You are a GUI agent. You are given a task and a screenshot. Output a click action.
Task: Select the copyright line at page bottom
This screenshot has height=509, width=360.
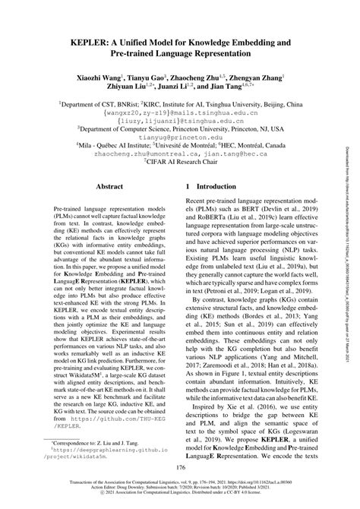(x=180, y=501)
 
